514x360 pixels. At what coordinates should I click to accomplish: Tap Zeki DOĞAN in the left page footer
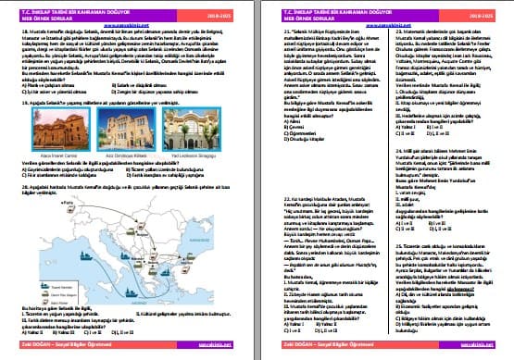click(x=37, y=349)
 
